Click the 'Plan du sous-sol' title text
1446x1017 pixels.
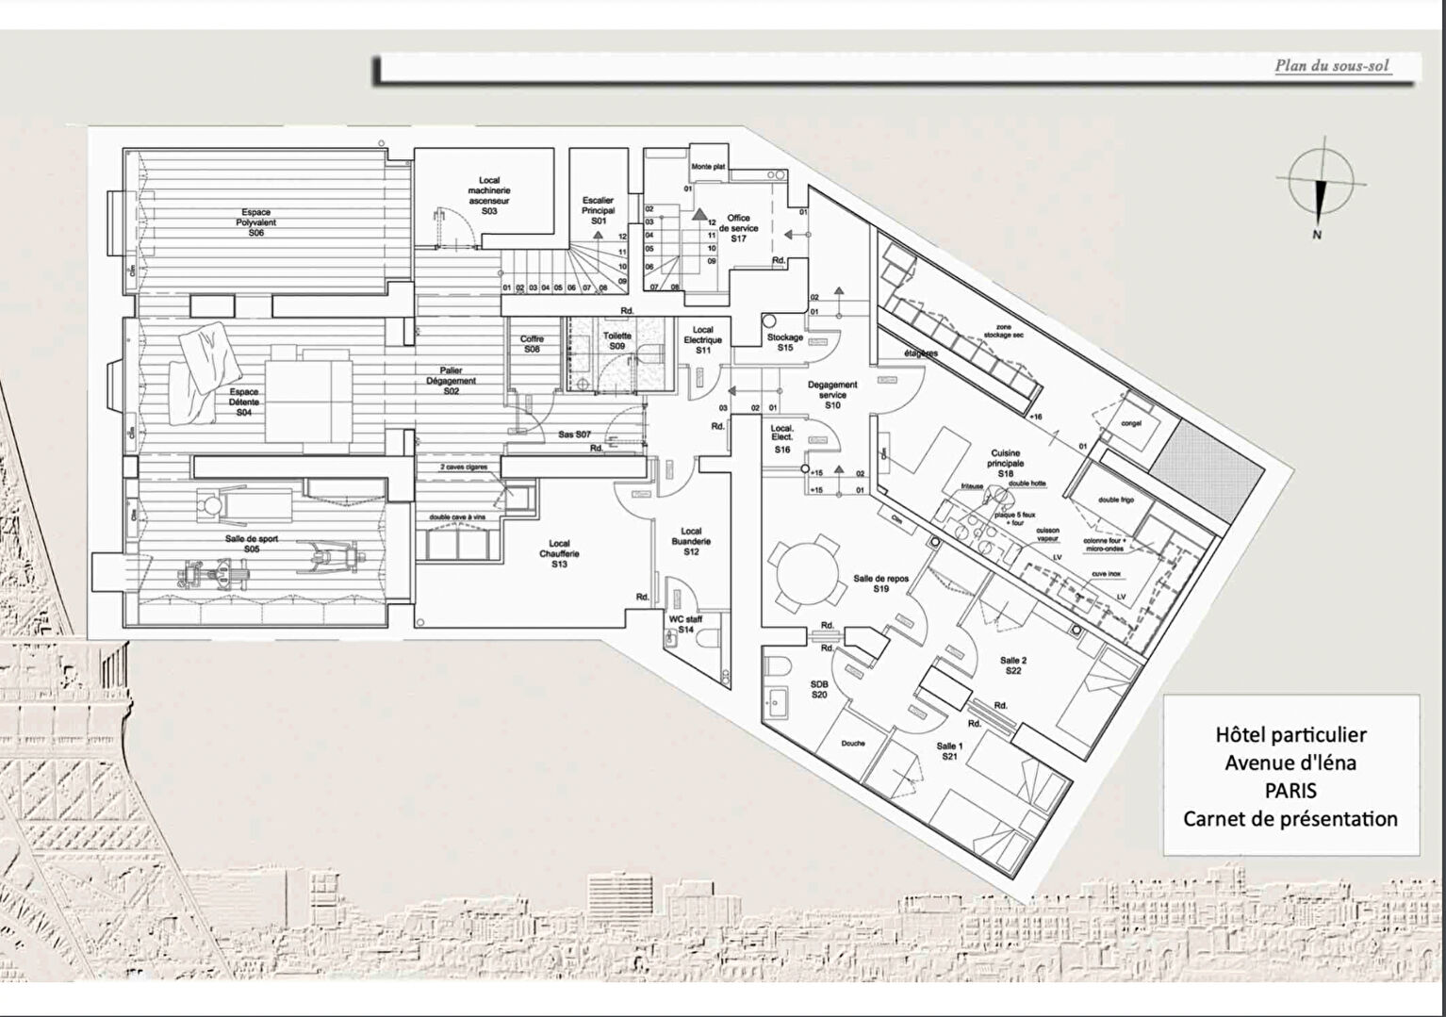1333,66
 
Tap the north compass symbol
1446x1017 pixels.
1320,188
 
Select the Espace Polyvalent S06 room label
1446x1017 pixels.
256,222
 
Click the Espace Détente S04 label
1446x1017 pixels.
244,402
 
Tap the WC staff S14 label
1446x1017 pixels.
686,623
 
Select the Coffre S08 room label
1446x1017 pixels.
532,344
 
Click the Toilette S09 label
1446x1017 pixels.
616,340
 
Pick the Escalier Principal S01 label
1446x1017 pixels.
598,210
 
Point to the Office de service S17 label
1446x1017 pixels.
738,228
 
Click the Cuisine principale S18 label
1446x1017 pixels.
1006,464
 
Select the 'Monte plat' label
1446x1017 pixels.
708,167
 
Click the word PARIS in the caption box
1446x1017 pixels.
1290,790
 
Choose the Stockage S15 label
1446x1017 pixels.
785,342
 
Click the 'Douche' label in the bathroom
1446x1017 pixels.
853,743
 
